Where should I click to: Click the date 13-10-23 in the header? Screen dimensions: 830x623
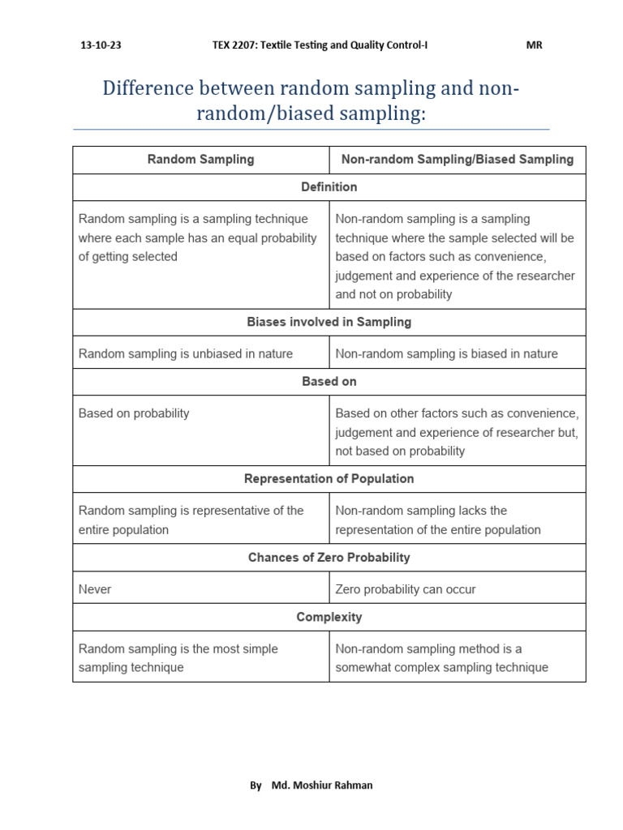101,45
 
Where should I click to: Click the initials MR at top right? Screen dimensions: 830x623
534,45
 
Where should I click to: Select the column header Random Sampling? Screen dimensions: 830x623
200,160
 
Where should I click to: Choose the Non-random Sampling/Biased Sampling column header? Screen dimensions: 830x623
457,160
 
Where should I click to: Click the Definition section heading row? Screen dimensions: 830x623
329,187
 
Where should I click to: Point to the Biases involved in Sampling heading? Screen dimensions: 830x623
329,323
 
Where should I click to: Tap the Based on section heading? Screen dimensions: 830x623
329,382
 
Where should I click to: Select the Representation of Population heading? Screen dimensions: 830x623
329,479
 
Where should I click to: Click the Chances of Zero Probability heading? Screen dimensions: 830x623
329,558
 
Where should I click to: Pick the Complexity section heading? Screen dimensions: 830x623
329,618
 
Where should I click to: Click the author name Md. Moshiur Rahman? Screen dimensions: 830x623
322,785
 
